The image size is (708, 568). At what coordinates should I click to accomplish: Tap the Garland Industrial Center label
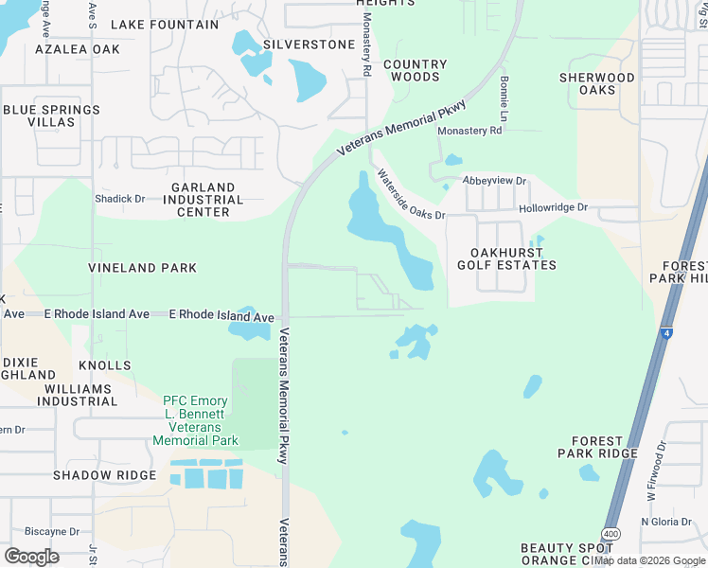204,200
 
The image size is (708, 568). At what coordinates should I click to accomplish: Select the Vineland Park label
143,268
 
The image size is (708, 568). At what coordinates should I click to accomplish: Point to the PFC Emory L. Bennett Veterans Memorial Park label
194,420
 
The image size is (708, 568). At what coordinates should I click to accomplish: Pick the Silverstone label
309,44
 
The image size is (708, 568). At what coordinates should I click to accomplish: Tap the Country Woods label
415,71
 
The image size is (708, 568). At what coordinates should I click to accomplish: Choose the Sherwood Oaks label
597,84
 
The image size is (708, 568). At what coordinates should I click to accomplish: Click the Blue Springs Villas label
51,116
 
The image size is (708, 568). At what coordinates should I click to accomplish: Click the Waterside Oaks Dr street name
411,194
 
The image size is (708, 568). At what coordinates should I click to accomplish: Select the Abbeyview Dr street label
494,180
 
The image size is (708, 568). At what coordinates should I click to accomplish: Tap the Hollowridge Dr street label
553,207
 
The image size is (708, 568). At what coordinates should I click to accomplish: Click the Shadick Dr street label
120,199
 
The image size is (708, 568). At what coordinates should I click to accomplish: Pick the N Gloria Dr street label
668,522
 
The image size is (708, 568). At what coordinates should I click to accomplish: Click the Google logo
31,556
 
